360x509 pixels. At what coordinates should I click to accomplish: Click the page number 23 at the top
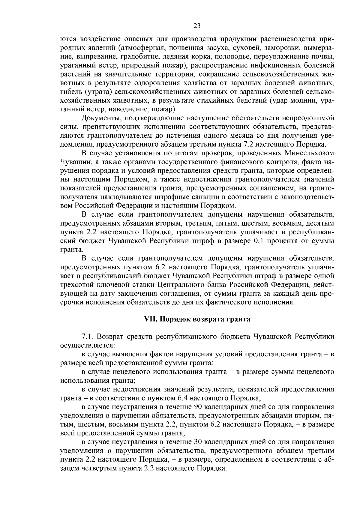point(197,26)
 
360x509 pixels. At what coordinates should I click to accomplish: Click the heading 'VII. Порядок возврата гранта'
point(197,319)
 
